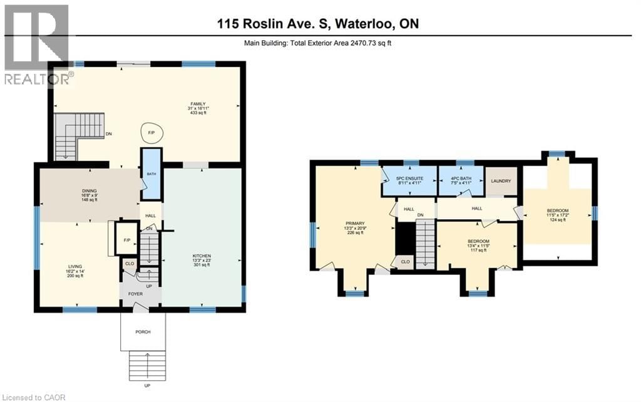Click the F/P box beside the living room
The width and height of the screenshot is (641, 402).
127,239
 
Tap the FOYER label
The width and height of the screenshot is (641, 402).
135,294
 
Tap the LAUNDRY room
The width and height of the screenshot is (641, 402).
502,182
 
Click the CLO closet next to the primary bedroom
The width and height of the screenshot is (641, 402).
405,262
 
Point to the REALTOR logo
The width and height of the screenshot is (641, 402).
36,44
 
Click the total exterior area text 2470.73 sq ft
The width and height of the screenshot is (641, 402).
366,43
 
